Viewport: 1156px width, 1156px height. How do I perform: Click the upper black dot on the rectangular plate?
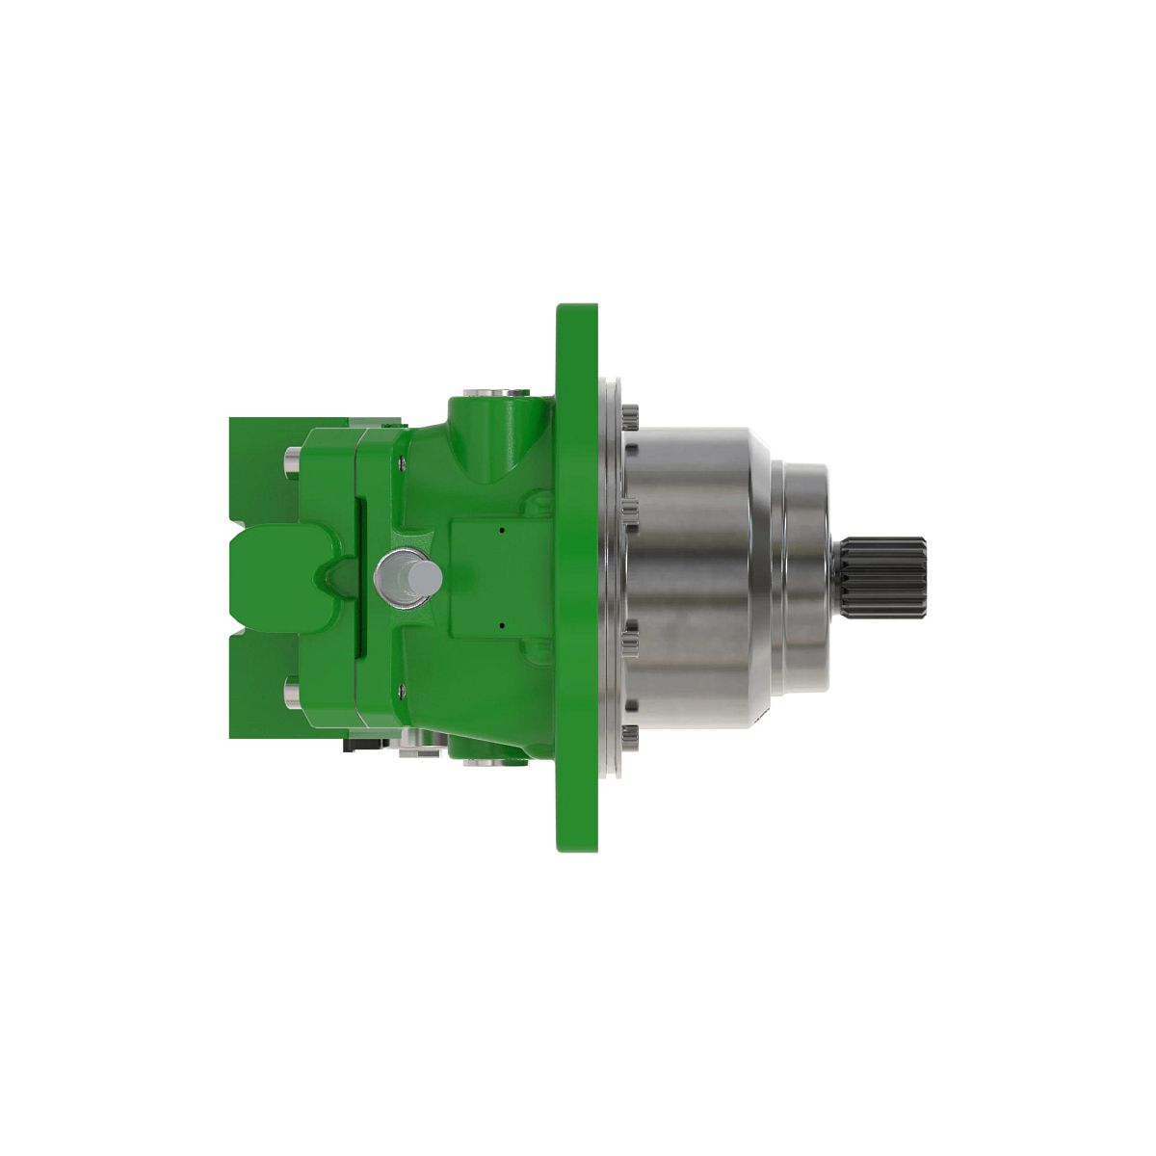pos(503,529)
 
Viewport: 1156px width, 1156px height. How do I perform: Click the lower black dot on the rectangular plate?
pos(503,624)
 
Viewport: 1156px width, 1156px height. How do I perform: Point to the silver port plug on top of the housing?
pos(495,392)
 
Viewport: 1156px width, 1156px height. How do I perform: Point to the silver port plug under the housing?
pos(493,763)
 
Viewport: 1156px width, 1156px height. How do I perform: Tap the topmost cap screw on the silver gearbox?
pos(631,417)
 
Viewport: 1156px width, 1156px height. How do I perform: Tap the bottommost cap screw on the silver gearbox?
pos(631,737)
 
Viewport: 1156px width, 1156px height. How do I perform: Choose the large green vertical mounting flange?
pos(577,578)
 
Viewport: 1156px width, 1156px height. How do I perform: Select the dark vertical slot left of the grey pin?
pos(361,578)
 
